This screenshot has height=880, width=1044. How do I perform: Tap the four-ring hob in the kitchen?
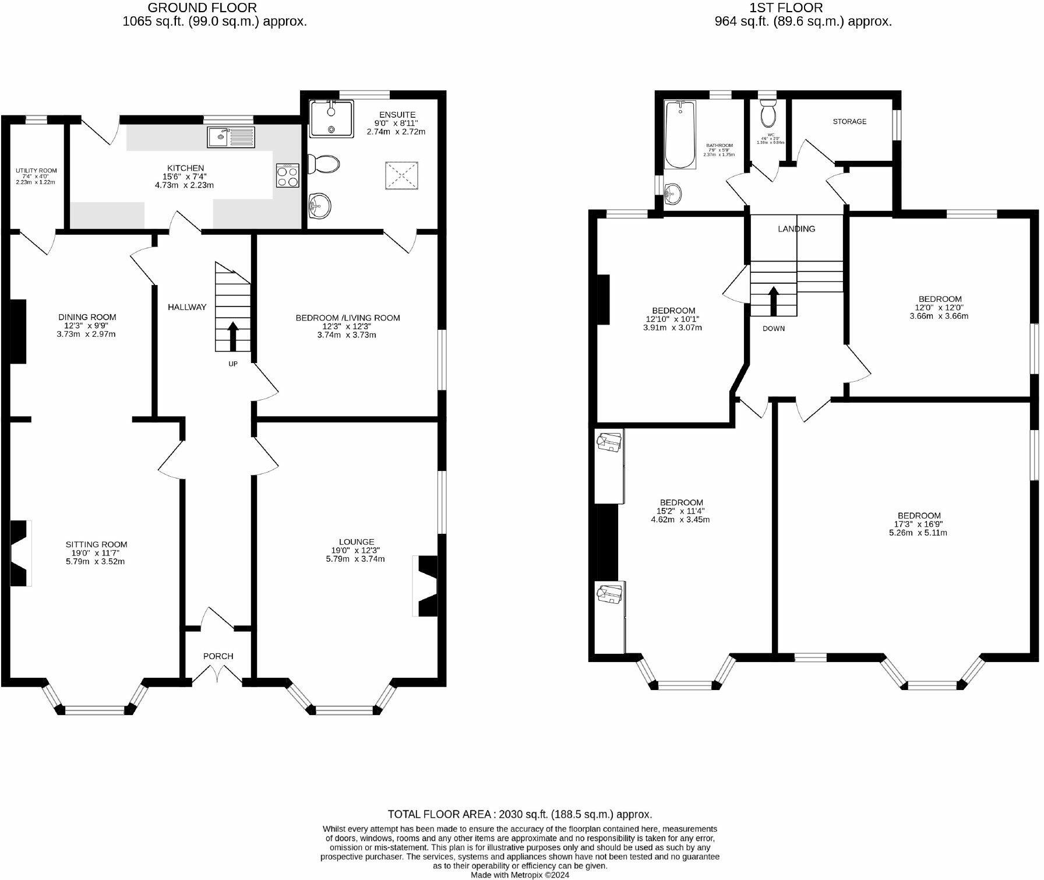[288, 175]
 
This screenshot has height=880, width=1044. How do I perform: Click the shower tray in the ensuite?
[331, 119]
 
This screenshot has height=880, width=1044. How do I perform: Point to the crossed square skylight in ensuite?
[401, 175]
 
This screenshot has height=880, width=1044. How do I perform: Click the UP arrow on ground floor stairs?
[232, 336]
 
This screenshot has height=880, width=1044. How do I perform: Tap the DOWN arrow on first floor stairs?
[774, 300]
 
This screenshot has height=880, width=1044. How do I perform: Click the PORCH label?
[218, 656]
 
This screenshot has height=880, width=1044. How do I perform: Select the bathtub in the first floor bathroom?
[680, 135]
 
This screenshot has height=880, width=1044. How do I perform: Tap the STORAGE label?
[849, 122]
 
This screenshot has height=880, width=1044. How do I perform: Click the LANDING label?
[796, 229]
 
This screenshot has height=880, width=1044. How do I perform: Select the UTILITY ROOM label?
[36, 171]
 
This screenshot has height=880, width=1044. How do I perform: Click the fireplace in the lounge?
[427, 586]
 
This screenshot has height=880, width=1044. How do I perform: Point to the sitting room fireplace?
[20, 552]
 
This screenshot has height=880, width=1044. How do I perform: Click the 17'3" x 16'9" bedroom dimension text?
[919, 524]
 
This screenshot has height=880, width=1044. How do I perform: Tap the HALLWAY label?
[187, 307]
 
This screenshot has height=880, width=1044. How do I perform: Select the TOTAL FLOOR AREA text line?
[520, 815]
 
